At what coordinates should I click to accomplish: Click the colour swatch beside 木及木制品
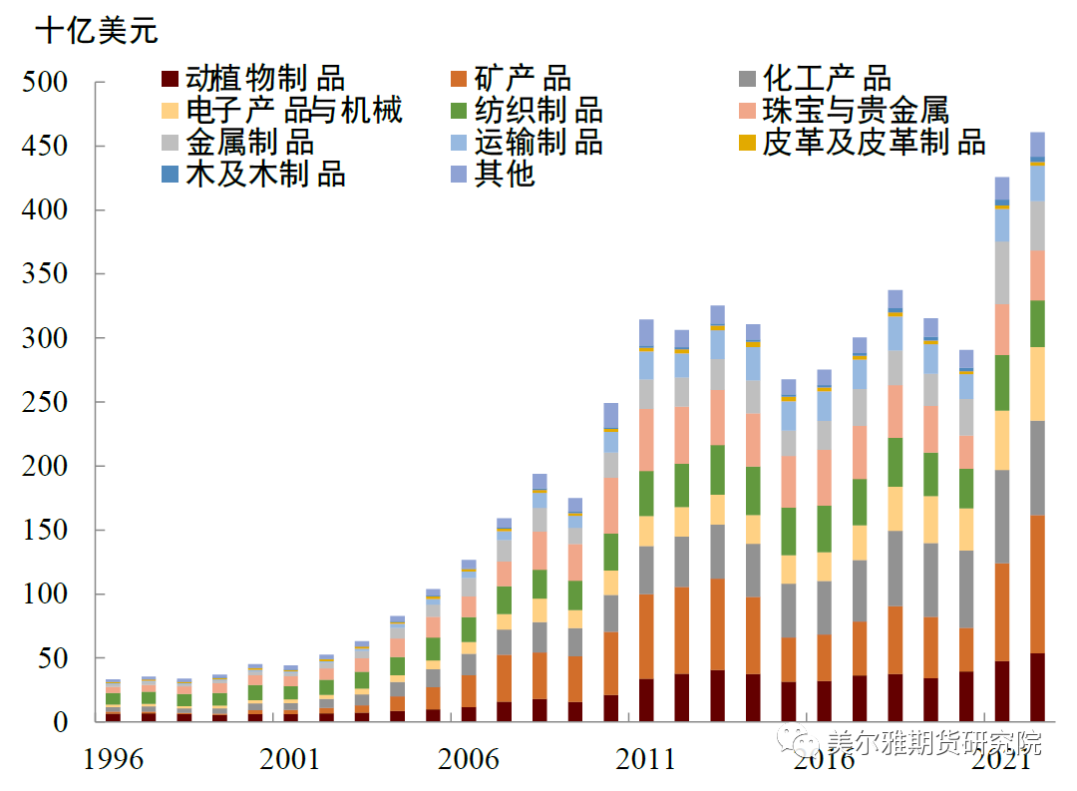pyautogui.click(x=170, y=175)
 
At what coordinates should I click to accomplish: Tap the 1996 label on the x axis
pyautogui.click(x=114, y=760)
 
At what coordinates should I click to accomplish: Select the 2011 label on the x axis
pyautogui.click(x=646, y=760)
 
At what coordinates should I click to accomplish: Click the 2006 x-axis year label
pyautogui.click(x=469, y=760)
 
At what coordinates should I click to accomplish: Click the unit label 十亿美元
pyautogui.click(x=96, y=31)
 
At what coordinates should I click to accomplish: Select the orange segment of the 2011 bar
pyautogui.click(x=646, y=636)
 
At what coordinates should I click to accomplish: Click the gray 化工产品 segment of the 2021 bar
pyautogui.click(x=1001, y=517)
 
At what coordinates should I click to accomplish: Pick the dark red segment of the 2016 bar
pyautogui.click(x=824, y=701)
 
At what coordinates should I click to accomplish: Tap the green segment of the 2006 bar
pyautogui.click(x=469, y=629)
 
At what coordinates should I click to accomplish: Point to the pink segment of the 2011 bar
pyautogui.click(x=646, y=440)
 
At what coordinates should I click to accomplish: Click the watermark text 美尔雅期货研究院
pyautogui.click(x=933, y=743)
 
